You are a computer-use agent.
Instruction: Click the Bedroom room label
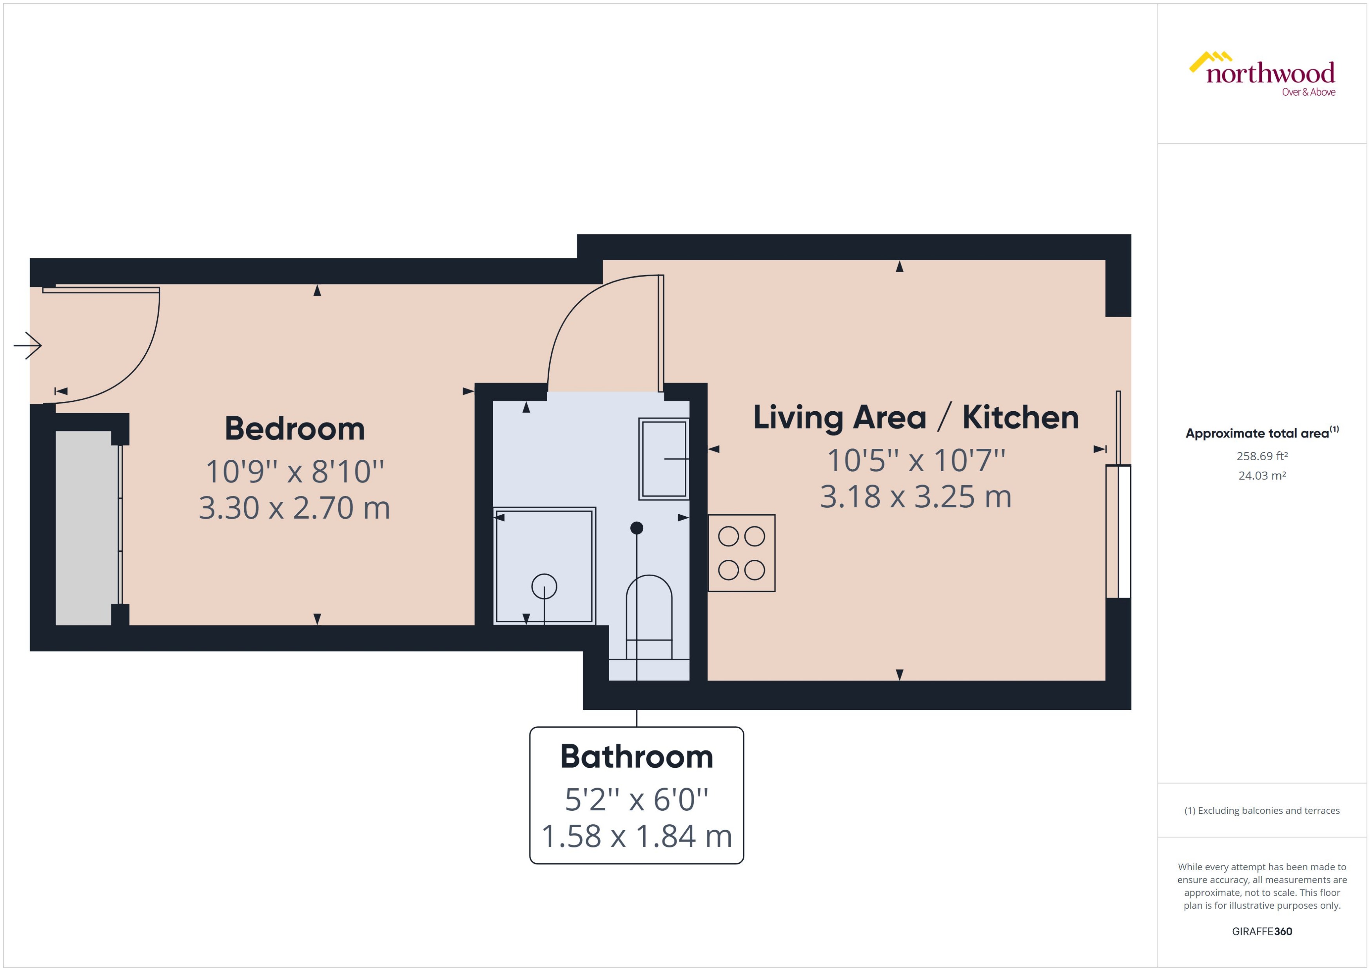pos(295,429)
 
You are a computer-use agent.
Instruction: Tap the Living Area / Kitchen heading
pos(915,417)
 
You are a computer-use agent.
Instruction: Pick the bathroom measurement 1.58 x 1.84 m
pos(636,836)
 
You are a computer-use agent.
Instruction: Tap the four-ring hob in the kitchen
pos(741,553)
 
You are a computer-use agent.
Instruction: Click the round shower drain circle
pos(544,586)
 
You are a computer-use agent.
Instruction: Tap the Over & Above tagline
pos(1308,92)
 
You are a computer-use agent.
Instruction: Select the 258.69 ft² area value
pos(1261,456)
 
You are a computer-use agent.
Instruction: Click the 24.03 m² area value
pos(1261,476)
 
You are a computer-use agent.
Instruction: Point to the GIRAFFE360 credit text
pos(1261,931)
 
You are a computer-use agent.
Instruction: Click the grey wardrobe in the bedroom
pos(84,527)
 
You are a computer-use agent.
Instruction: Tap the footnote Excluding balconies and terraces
pos(1261,810)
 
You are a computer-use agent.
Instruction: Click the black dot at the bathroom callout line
pos(637,528)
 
